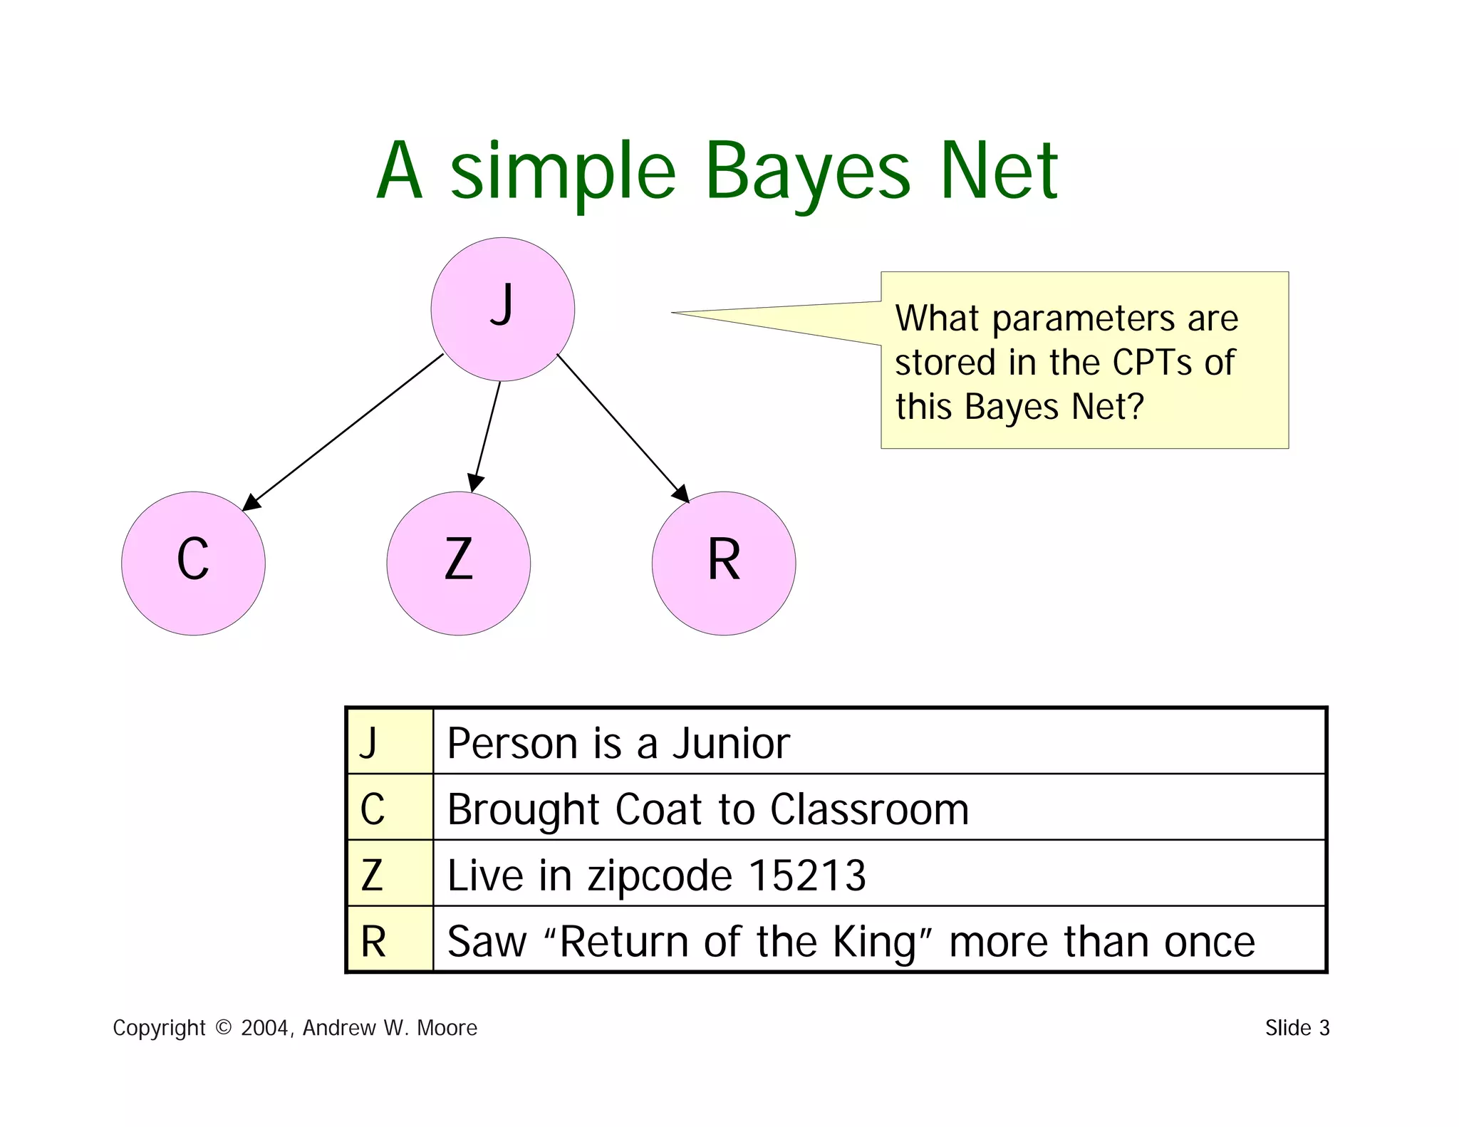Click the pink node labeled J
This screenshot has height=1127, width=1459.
(503, 309)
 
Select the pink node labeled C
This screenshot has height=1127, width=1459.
(193, 563)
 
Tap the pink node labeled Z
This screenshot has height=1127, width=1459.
(458, 563)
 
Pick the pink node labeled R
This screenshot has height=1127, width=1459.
(723, 563)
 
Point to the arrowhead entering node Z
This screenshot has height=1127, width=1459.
(474, 483)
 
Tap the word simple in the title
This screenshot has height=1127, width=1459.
(563, 171)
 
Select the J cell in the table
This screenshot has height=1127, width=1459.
(390, 742)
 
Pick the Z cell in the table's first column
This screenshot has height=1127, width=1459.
(390, 874)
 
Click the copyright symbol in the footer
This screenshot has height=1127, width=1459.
(223, 1027)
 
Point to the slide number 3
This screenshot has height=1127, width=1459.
(1324, 1028)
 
